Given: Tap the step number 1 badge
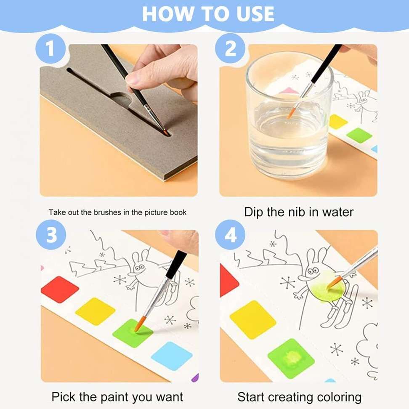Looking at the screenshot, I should (x=50, y=49).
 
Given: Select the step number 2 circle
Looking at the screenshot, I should (x=230, y=49).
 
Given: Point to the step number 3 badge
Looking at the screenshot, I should (x=50, y=235).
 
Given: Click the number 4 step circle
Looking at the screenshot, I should (x=230, y=235).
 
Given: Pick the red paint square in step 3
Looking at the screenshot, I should (x=59, y=289).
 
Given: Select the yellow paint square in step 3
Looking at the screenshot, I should (x=95, y=311).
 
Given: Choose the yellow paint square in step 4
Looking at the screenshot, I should (x=253, y=319).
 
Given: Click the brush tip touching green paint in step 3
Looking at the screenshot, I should (x=138, y=325).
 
